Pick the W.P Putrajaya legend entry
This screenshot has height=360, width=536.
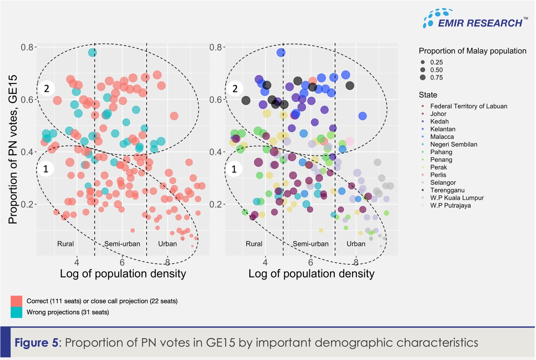450,205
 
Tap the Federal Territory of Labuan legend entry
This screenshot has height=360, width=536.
468,106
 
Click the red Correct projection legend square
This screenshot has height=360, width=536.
17,301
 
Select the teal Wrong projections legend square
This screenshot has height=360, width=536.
17,312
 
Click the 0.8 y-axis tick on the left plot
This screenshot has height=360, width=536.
27,47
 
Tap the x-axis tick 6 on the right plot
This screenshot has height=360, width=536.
310,263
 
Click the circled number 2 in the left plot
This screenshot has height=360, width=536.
46,89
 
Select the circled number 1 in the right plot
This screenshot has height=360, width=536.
235,169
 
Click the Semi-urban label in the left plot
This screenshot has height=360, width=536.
122,244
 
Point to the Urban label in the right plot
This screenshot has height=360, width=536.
356,244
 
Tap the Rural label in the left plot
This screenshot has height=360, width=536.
65,244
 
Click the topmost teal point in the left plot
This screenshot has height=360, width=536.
93,52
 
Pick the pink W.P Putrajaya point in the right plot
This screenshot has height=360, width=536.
350,142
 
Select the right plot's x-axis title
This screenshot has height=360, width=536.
311,274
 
